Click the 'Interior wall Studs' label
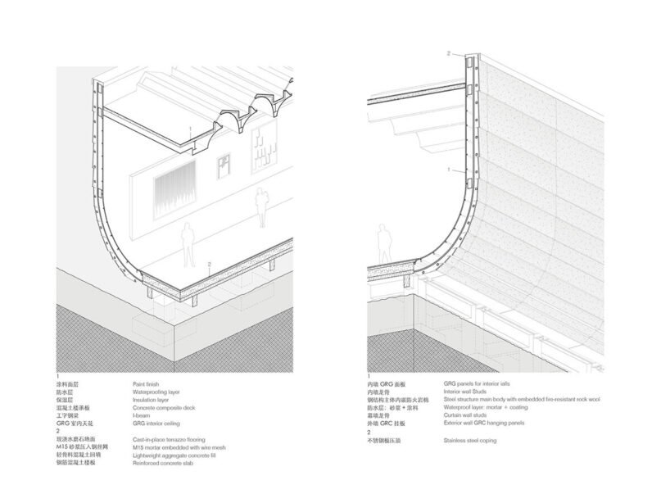click(x=470, y=392)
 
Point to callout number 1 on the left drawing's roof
click(x=189, y=129)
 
